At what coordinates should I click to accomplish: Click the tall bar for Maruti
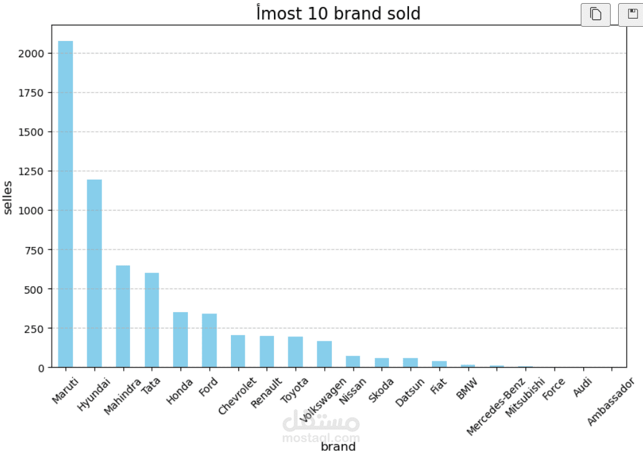[65, 204]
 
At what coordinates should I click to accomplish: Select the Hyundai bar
[95, 273]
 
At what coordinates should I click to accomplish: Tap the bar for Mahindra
[123, 317]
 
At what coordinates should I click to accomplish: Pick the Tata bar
[152, 320]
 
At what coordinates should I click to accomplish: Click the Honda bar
[181, 340]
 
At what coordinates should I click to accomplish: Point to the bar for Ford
[209, 341]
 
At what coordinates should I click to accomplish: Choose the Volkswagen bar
[324, 354]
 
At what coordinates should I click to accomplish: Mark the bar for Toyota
[295, 352]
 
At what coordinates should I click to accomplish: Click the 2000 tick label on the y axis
[31, 53]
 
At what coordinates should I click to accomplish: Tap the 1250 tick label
[31, 172]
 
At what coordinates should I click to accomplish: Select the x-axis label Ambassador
[611, 402]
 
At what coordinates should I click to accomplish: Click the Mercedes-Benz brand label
[495, 407]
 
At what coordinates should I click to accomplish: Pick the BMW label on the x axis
[467, 389]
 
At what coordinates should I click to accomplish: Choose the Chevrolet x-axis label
[237, 396]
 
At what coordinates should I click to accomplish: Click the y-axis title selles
[7, 198]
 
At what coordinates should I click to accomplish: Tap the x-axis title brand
[338, 447]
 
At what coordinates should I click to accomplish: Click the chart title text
[339, 12]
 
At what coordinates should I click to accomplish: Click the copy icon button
[596, 14]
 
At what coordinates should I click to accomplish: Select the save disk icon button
[632, 14]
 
